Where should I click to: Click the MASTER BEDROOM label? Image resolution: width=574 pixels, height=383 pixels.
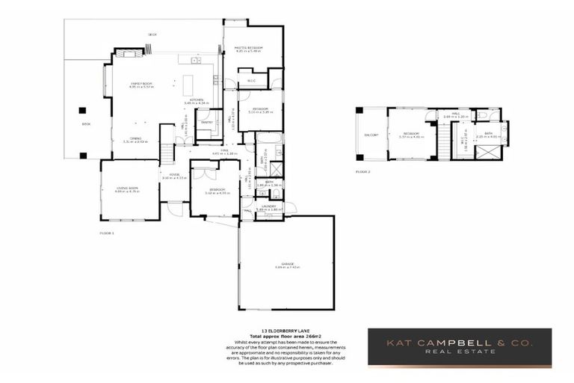[249, 48]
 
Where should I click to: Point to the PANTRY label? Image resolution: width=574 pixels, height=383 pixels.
[207, 121]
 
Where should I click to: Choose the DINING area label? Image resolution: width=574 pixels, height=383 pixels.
[135, 138]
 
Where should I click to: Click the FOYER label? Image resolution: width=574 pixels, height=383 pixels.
[173, 176]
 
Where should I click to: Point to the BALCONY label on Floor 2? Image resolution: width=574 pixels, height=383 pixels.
[371, 135]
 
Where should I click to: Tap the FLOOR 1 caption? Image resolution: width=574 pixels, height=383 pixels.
[108, 233]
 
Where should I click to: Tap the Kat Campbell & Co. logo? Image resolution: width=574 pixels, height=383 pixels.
[459, 347]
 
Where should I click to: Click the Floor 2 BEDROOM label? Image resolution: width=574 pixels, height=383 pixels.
[411, 135]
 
